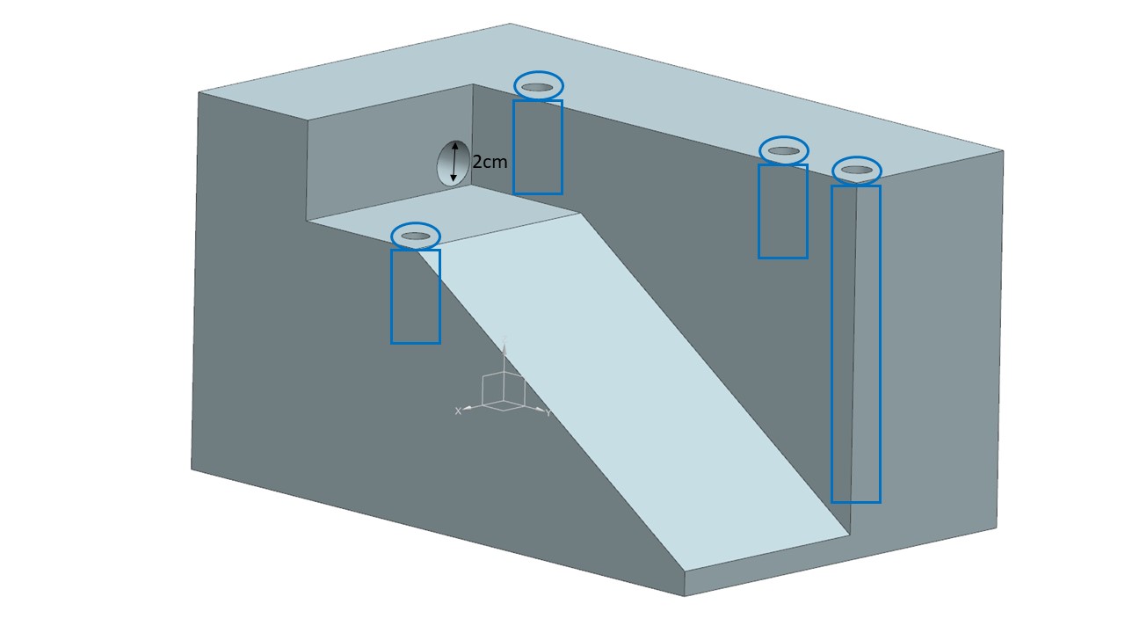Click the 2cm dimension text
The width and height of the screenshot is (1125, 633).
(490, 163)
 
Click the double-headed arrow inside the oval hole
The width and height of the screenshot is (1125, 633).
(454, 162)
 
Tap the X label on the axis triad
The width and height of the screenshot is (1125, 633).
(458, 411)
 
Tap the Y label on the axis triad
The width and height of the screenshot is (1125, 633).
(548, 413)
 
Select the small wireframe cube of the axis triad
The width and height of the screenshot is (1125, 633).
(504, 391)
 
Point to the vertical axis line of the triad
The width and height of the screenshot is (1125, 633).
(504, 356)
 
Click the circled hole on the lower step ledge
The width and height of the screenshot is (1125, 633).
(415, 236)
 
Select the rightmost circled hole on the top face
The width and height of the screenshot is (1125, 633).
(857, 170)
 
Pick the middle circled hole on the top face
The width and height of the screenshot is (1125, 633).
(783, 150)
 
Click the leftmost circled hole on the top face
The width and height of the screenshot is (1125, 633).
(538, 86)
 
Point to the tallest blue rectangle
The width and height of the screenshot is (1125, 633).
(855, 344)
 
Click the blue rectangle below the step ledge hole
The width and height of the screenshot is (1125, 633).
(415, 296)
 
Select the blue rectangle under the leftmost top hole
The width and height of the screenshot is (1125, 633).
(537, 147)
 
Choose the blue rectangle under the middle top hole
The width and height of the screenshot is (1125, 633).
(782, 211)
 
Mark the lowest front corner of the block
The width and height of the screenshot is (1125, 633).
(685, 596)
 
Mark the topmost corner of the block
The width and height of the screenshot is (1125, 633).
(510, 24)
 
